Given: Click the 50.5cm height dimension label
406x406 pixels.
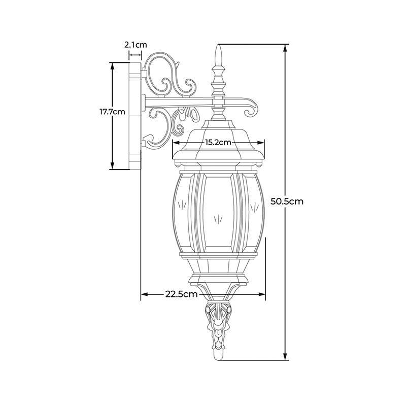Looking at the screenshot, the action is pyautogui.click(x=287, y=201).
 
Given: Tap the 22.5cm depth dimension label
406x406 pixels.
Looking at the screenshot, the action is pyautogui.click(x=182, y=294).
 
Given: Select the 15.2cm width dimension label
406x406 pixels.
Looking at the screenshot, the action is pyautogui.click(x=218, y=142).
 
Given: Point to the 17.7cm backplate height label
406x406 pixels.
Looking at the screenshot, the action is pyautogui.click(x=112, y=112).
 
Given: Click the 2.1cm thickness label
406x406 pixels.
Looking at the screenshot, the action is pyautogui.click(x=136, y=45).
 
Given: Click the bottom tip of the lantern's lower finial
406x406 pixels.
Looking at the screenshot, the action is pyautogui.click(x=218, y=360).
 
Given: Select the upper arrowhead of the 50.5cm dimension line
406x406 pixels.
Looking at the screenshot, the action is pyautogui.click(x=285, y=48).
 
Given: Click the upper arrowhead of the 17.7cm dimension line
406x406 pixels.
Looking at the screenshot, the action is pyautogui.click(x=112, y=66).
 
